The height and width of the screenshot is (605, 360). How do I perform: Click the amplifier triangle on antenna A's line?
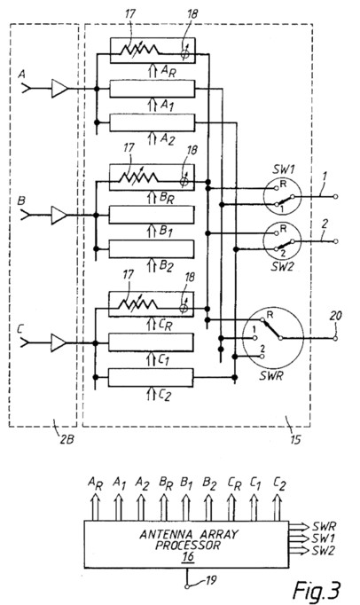(59, 89)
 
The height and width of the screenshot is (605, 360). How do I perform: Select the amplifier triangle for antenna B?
(59, 215)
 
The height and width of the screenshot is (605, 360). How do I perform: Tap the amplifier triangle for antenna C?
(59, 342)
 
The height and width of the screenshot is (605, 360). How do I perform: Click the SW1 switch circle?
(282, 196)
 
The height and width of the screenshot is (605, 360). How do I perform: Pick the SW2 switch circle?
(282, 241)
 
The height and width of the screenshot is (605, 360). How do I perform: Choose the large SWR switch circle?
(275, 338)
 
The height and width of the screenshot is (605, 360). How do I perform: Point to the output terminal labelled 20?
(335, 338)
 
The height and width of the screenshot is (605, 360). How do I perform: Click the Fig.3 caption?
(317, 589)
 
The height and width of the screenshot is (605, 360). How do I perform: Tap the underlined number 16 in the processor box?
(188, 557)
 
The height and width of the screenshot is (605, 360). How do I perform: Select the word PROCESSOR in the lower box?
(188, 546)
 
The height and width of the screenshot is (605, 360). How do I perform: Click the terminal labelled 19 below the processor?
(187, 586)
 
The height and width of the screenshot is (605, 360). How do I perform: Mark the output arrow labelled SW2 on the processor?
(300, 550)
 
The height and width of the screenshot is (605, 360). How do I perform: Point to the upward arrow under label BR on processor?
(163, 507)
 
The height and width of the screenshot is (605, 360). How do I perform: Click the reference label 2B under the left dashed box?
(67, 439)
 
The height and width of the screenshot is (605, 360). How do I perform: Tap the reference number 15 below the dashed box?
(294, 439)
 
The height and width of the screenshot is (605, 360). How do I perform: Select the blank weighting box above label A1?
(153, 89)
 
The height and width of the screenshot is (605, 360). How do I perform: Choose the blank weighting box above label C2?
(151, 377)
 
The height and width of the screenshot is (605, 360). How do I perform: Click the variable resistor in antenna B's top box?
(138, 177)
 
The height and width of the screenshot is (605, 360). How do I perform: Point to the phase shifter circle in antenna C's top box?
(184, 308)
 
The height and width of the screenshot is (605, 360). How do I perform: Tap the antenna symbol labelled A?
(26, 89)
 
